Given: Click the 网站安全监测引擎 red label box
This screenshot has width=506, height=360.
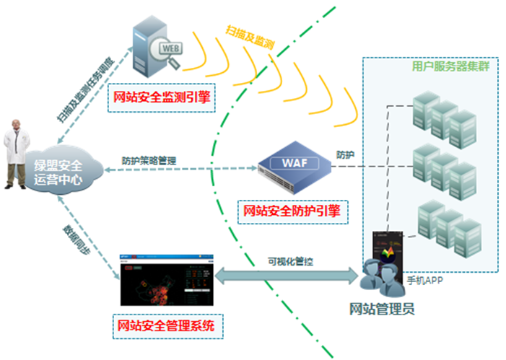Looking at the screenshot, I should coord(161,97).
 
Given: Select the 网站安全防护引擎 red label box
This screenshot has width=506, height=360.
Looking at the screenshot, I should coord(291,212).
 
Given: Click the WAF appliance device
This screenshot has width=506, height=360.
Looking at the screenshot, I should coord(293,166).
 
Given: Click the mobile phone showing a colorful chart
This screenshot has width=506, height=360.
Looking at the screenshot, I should coord(389,256).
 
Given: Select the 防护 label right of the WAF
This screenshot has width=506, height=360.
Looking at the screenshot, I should coord(344,155).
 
